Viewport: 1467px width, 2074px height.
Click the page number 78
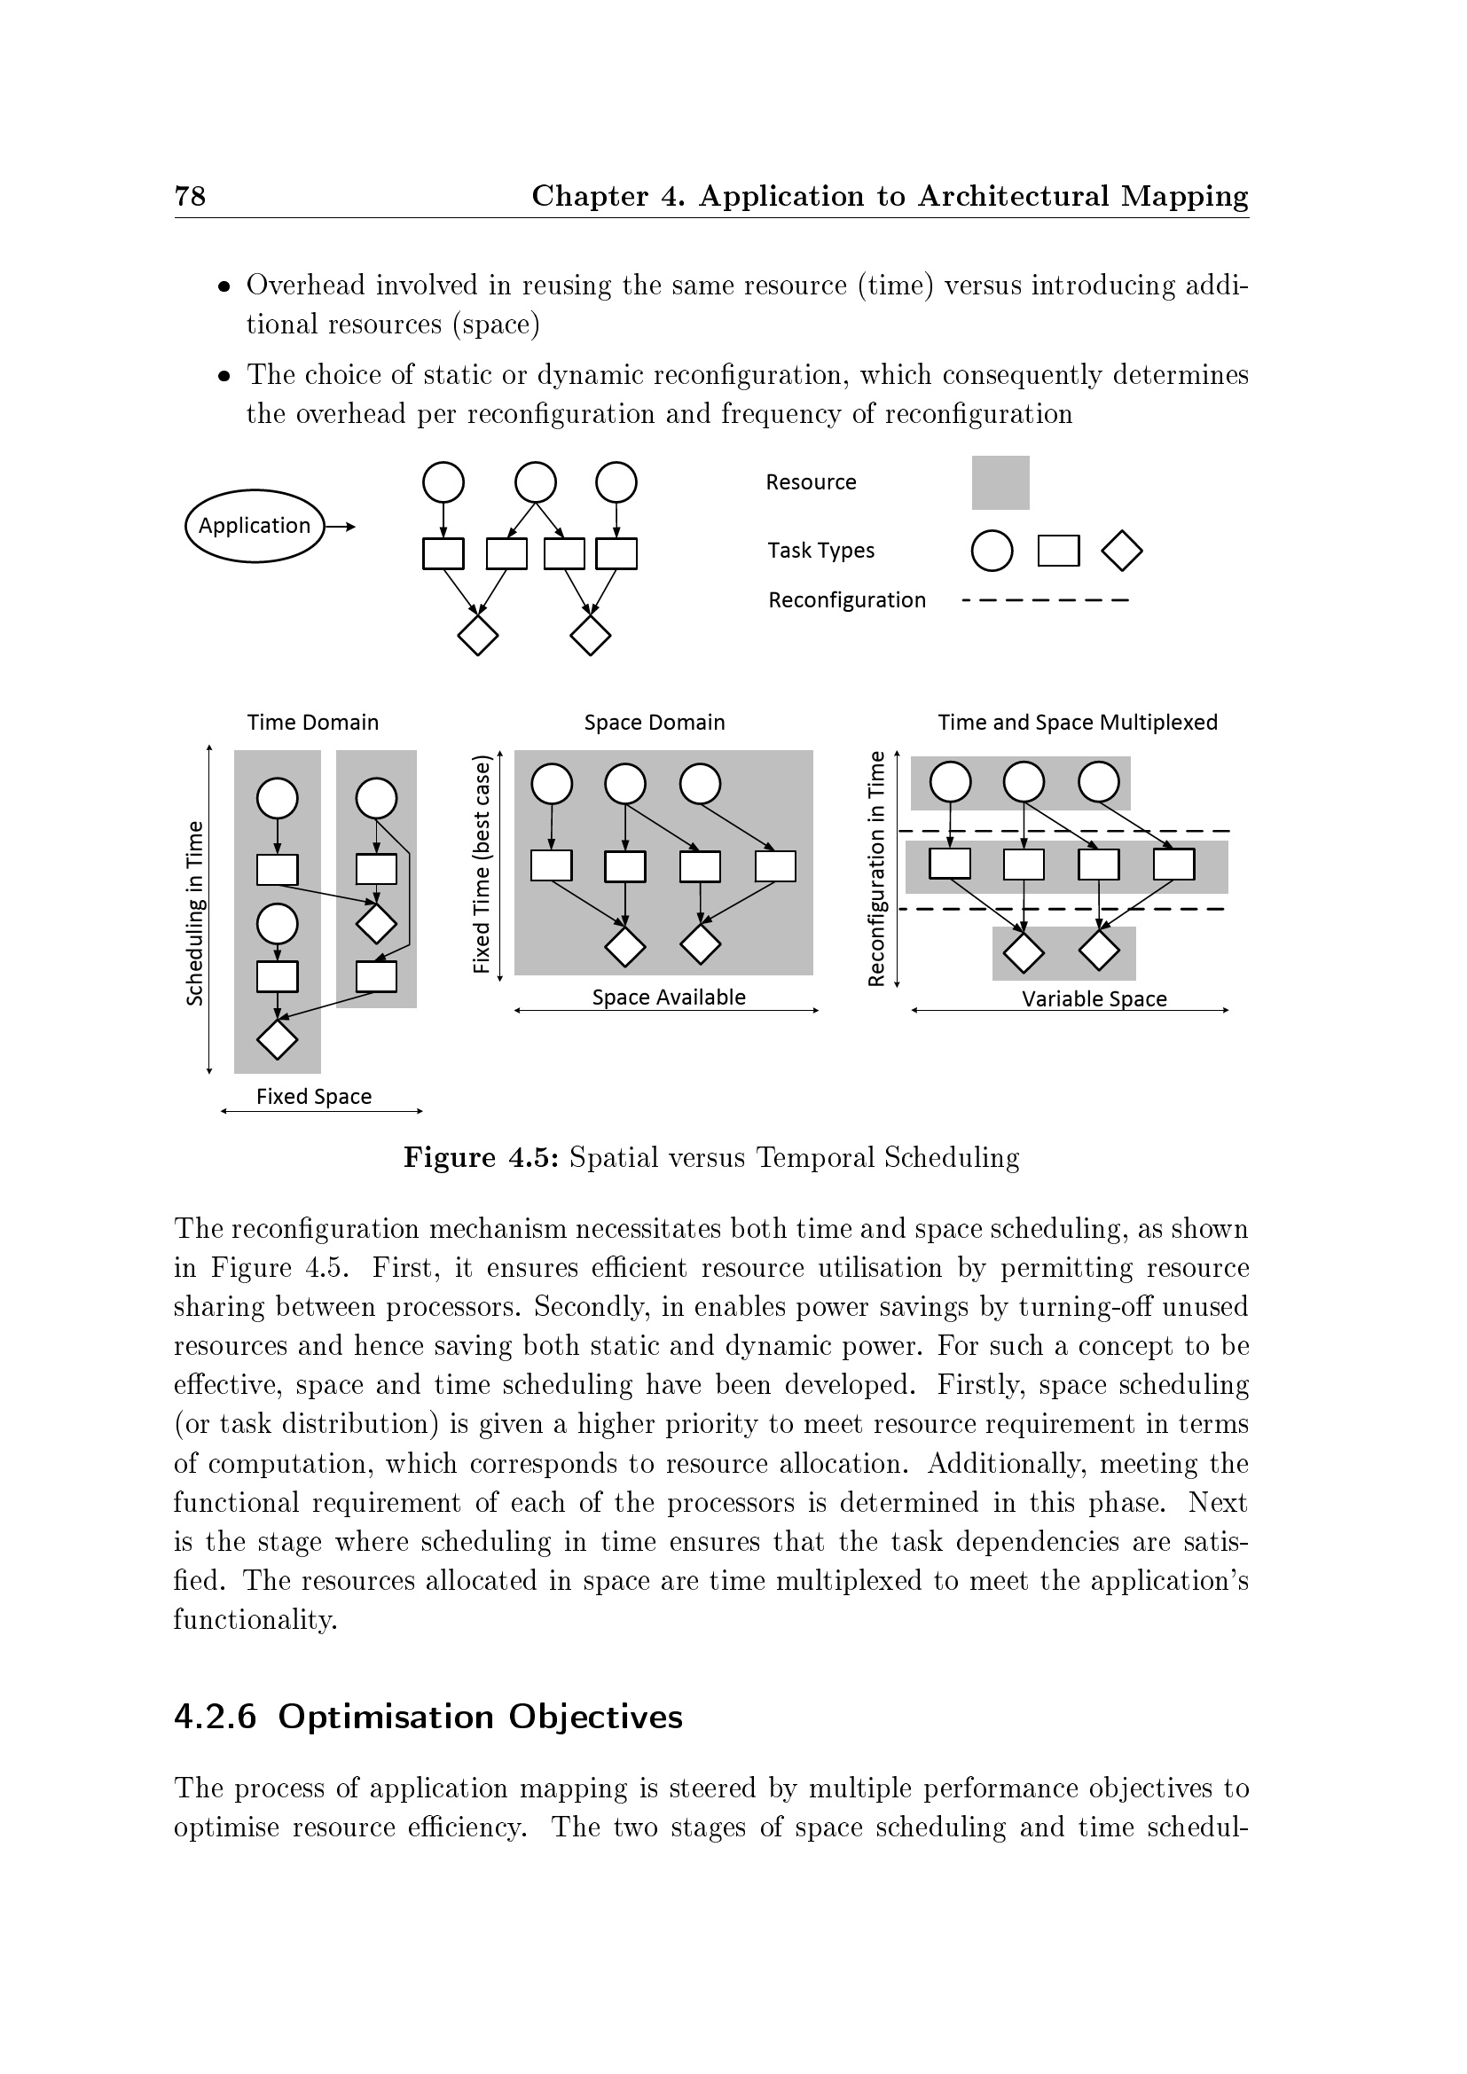(190, 196)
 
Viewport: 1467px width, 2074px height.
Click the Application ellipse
(254, 526)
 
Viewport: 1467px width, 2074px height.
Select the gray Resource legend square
(1000, 482)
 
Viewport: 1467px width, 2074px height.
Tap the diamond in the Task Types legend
(1122, 551)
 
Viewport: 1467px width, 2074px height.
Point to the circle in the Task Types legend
(991, 551)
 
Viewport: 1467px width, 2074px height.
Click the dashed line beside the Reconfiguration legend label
(1045, 600)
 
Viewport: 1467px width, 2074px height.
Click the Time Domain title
(312, 723)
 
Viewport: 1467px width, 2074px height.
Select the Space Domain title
(654, 723)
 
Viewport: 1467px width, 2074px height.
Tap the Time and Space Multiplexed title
(1077, 723)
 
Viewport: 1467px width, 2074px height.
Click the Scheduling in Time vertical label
(194, 912)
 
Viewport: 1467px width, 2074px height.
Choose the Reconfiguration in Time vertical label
(875, 868)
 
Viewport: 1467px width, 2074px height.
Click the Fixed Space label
(313, 1097)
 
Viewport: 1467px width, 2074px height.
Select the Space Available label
(669, 998)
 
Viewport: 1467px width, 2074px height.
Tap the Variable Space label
(1094, 999)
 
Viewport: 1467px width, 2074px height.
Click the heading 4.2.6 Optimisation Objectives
(428, 1717)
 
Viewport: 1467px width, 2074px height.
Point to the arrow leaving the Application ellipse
(341, 527)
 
